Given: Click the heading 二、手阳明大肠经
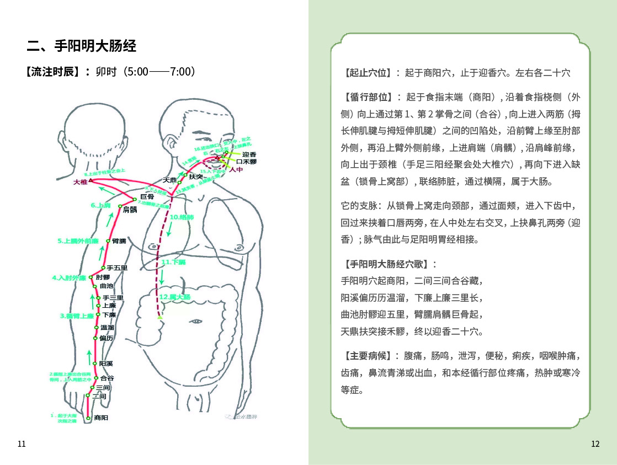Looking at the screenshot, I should pos(82,46).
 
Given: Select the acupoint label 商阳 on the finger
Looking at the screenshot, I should pos(101,418).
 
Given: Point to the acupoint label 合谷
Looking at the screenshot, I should pos(107,378).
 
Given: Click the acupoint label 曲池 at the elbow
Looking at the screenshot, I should pos(107,286).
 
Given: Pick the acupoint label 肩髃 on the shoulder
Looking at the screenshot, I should pos(130,210).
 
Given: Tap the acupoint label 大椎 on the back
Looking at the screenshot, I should pos(81,181).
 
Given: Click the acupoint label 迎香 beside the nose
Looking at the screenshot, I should pos(249,154).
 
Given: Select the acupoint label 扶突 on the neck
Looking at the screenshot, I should pos(196,177).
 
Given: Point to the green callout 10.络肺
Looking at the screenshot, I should pos(182,217).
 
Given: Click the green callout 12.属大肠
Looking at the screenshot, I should pos(174,297).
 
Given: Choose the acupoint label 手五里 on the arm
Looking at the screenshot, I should pos(117,268).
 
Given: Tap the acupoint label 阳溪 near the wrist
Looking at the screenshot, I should pos(106,364).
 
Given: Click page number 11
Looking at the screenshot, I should pos(22,444).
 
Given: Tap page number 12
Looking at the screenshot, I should pos(594,444).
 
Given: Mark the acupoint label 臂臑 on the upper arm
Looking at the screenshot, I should pos(119,241).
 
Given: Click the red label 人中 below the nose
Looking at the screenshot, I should pos(236,170).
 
